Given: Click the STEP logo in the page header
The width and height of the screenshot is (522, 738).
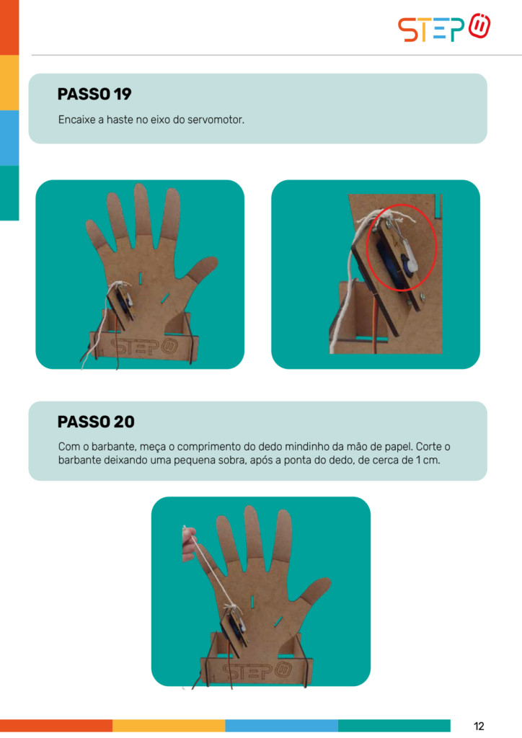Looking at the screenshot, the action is click(x=444, y=27).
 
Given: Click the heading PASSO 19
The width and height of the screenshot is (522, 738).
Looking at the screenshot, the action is click(x=94, y=94).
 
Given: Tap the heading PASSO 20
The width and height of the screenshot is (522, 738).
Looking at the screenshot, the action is click(x=96, y=422).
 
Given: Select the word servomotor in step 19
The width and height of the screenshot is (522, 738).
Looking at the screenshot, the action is click(x=216, y=120).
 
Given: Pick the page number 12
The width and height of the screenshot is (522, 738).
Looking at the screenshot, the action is click(x=479, y=726).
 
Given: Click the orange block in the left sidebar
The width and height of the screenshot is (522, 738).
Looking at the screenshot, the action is click(x=9, y=27).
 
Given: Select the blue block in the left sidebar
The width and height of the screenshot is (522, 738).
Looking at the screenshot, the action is click(x=9, y=138).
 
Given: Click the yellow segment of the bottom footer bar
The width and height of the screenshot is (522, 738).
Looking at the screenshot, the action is click(x=169, y=725).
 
